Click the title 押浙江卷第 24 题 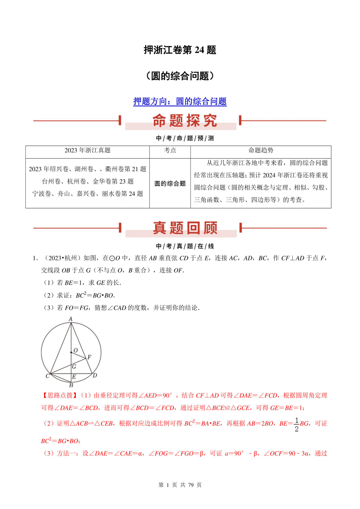[180, 50]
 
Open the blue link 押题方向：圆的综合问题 [180, 102]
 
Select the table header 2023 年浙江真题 [87, 150]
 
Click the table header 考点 [169, 150]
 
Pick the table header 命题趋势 [261, 150]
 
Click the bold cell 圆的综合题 [169, 183]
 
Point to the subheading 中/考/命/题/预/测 [180, 138]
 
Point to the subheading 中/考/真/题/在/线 [180, 246]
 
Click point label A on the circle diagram [70, 319]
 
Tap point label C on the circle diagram [47, 376]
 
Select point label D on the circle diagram [94, 375]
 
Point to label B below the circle [71, 385]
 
